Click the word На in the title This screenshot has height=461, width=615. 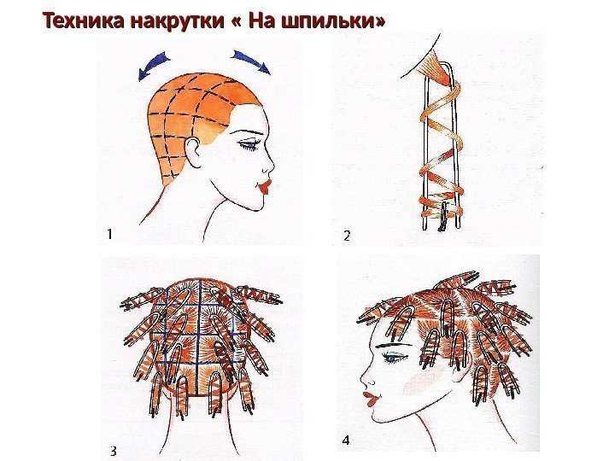[x=260, y=20]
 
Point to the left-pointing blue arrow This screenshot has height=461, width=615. [x=153, y=67]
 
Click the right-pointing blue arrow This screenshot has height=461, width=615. [x=251, y=61]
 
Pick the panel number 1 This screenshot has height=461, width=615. [x=110, y=234]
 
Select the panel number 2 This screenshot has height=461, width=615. [x=347, y=236]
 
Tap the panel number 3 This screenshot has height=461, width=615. [x=114, y=452]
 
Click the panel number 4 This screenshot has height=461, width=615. [x=346, y=441]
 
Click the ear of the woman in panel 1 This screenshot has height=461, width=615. [x=193, y=151]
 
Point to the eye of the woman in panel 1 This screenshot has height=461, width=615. [x=248, y=145]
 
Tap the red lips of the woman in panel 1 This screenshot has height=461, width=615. [x=264, y=185]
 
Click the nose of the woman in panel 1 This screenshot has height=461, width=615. [x=269, y=166]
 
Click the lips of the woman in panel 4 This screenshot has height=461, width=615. [x=370, y=399]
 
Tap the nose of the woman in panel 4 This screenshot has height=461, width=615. [x=365, y=379]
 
